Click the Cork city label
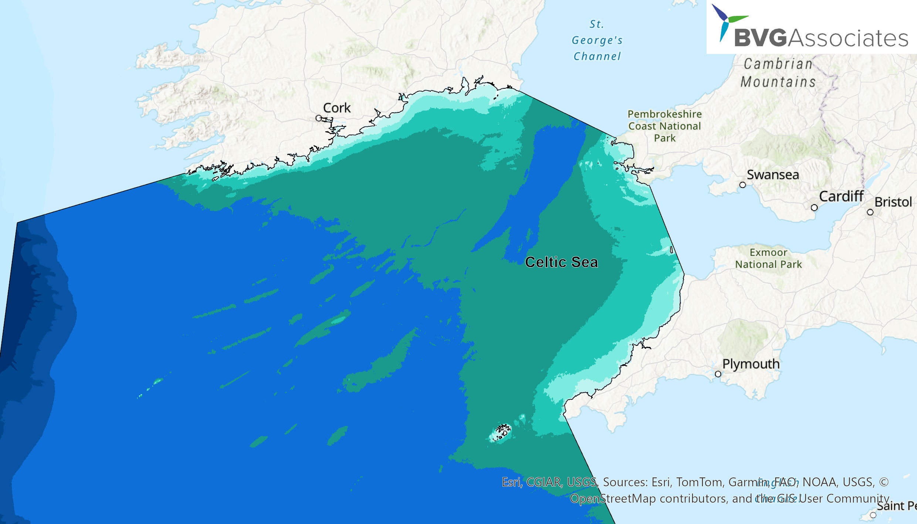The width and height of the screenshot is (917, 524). click(336, 108)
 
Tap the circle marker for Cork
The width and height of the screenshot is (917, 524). click(319, 118)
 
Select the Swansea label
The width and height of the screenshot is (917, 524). click(773, 175)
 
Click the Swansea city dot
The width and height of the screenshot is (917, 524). click(742, 185)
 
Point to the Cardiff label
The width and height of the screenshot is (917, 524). click(841, 196)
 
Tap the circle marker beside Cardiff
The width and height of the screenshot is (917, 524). click(814, 208)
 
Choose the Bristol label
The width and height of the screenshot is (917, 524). click(893, 202)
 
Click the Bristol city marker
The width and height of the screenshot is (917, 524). click(870, 212)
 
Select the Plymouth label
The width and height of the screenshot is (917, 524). click(751, 364)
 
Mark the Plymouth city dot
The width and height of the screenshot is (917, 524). click(718, 374)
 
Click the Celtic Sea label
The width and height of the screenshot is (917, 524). click(561, 262)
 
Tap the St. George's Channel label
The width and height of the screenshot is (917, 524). click(597, 40)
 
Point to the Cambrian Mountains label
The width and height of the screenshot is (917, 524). click(778, 73)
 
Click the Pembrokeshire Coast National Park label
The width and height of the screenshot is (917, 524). click(665, 126)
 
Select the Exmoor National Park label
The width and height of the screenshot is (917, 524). click(768, 258)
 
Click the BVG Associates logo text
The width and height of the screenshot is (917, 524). click(821, 38)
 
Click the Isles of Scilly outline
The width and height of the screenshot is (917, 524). click(501, 433)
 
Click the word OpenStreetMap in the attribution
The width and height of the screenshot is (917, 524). click(613, 498)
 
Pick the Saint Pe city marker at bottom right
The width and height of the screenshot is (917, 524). click(873, 515)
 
